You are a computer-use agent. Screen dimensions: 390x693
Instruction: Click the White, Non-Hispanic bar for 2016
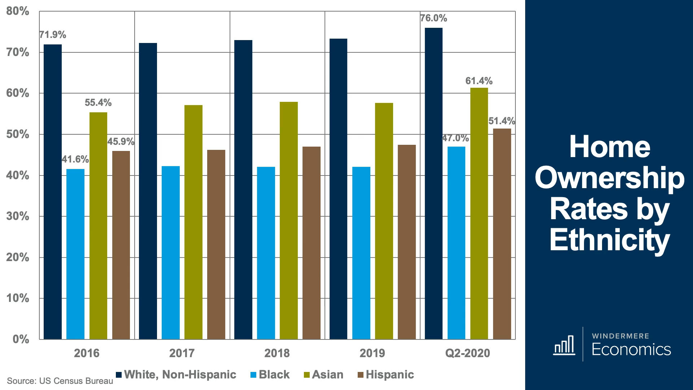(x=53, y=191)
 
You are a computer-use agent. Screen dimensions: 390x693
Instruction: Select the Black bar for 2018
(x=266, y=253)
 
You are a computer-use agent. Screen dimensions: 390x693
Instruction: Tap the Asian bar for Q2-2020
(x=479, y=213)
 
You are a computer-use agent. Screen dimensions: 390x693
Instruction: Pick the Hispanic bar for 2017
(x=216, y=244)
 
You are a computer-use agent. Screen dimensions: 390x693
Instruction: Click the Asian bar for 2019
(x=384, y=221)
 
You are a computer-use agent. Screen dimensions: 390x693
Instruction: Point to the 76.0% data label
(x=433, y=18)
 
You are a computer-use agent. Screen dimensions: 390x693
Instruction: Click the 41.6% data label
(x=75, y=159)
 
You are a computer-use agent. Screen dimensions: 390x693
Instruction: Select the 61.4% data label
(x=479, y=81)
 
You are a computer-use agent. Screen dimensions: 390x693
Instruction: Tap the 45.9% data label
(x=121, y=142)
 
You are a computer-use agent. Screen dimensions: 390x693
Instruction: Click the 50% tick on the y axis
(x=18, y=134)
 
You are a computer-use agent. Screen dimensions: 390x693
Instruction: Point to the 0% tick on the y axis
(x=21, y=339)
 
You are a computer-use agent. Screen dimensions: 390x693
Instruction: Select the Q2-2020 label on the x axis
(x=467, y=353)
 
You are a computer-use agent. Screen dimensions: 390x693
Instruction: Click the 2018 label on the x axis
(x=277, y=353)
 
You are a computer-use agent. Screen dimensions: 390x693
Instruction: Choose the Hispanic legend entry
(x=385, y=375)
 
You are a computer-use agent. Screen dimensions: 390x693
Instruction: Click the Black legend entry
(x=270, y=375)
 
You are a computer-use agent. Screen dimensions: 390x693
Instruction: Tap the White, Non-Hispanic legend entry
(x=176, y=375)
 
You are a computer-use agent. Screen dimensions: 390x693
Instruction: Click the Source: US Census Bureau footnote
(x=60, y=381)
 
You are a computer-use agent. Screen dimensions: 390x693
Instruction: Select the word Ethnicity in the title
(x=609, y=240)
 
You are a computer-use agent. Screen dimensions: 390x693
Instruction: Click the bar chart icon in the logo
(x=564, y=345)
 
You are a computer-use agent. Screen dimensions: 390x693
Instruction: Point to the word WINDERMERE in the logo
(x=620, y=336)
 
